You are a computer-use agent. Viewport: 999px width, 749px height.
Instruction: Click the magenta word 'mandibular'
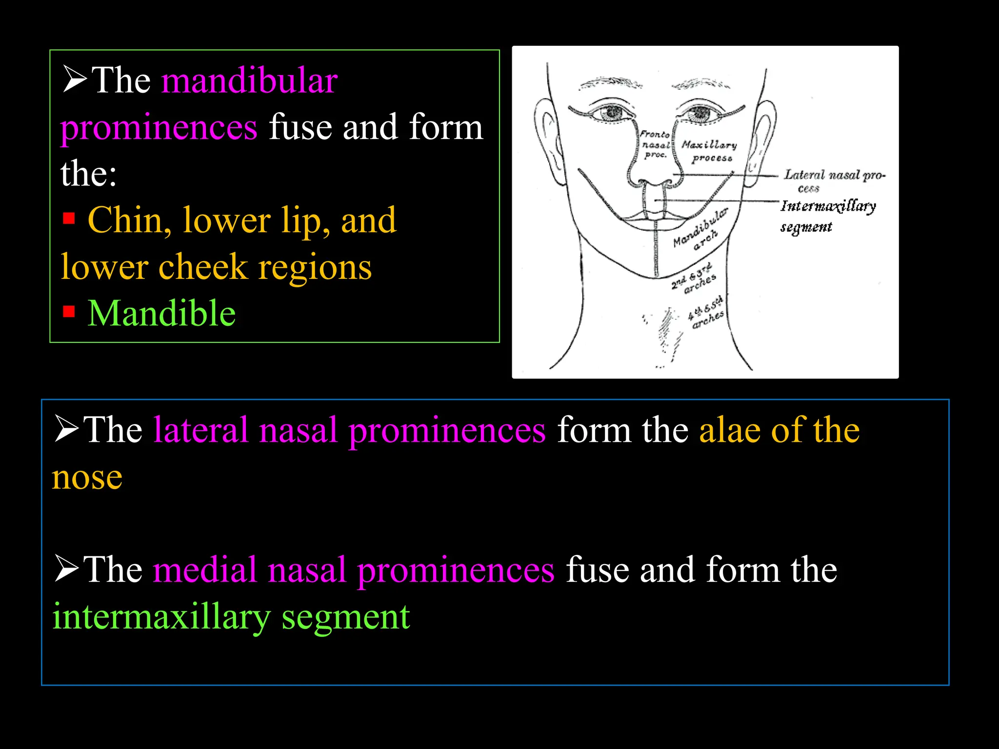pyautogui.click(x=249, y=80)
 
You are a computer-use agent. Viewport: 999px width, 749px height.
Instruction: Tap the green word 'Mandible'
pyautogui.click(x=161, y=313)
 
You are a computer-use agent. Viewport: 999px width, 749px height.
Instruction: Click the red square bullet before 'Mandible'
pyautogui.click(x=69, y=311)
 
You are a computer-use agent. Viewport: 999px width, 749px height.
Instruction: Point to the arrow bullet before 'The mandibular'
pyautogui.click(x=74, y=79)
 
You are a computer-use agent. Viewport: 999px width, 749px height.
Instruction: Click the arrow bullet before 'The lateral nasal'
pyautogui.click(x=66, y=429)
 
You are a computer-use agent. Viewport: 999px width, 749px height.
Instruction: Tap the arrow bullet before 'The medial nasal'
pyautogui.click(x=66, y=569)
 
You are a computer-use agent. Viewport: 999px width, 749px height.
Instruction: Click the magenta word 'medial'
pyautogui.click(x=205, y=570)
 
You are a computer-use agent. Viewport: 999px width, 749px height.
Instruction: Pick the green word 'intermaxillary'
pyautogui.click(x=161, y=616)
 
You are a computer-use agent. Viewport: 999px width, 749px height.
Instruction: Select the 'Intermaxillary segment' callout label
pyautogui.click(x=828, y=216)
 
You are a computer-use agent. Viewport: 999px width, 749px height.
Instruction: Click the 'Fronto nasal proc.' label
pyautogui.click(x=655, y=144)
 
